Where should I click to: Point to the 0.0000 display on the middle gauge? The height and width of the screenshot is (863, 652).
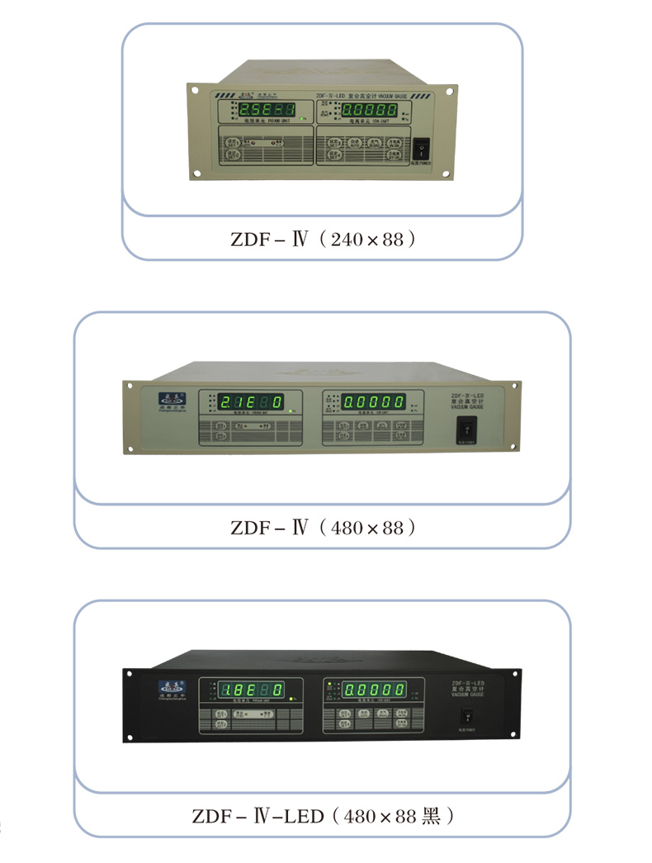[375, 402]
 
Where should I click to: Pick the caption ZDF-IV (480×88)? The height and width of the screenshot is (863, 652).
[322, 527]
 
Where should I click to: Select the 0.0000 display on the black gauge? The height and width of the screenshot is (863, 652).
[374, 690]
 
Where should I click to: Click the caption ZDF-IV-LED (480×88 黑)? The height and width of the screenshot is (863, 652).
[323, 817]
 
